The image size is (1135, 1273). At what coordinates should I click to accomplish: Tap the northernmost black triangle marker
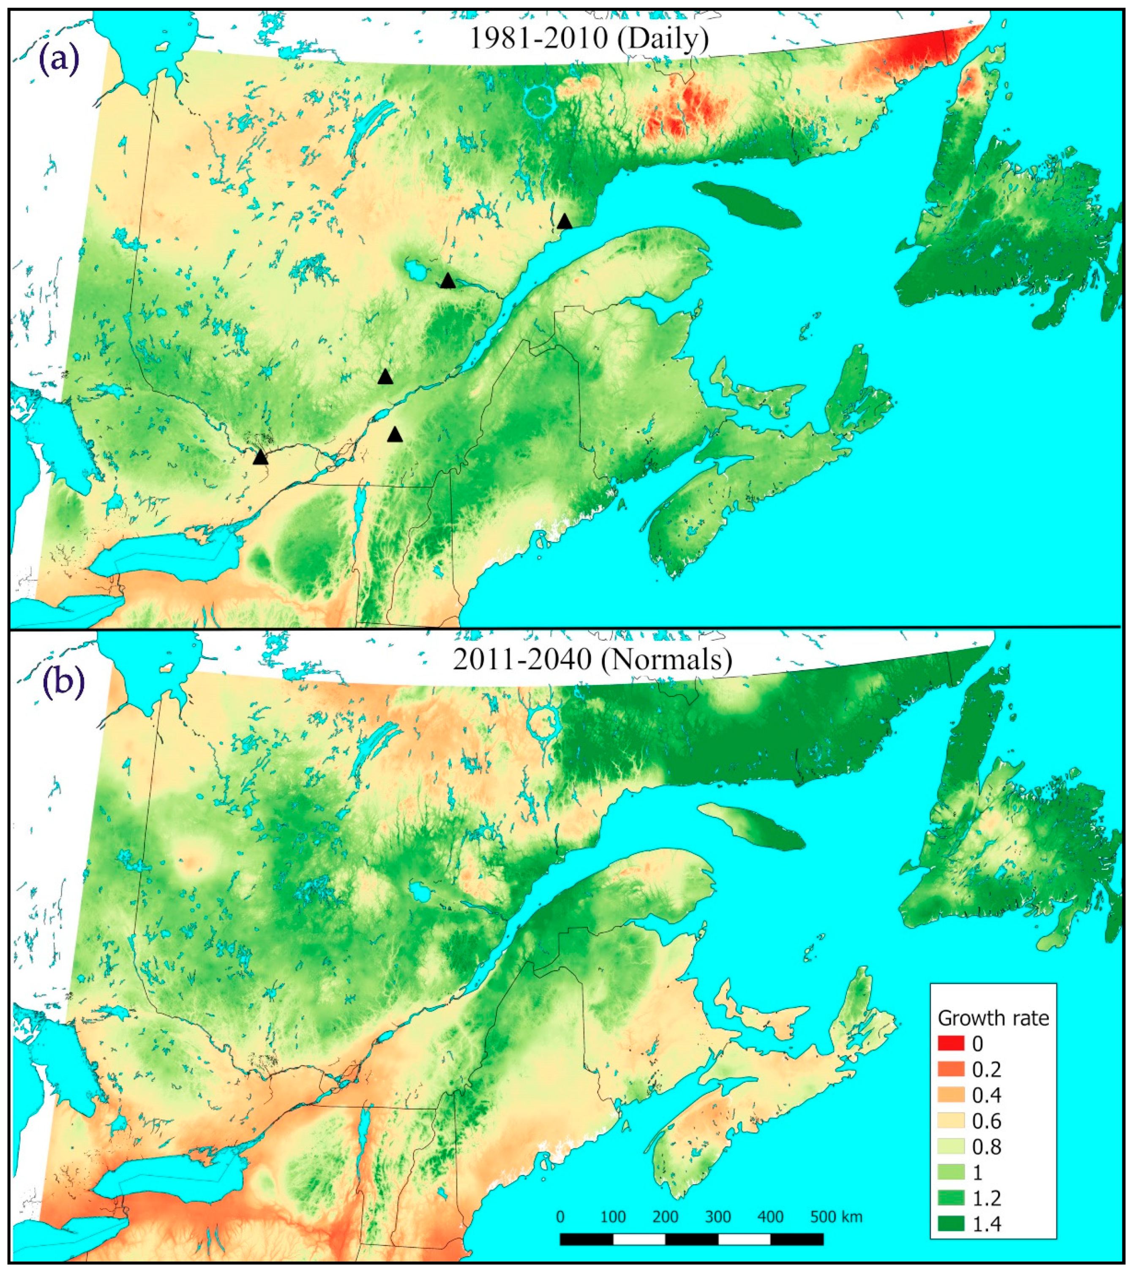coord(565,221)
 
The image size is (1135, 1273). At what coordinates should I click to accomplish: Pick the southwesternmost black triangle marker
coord(261,457)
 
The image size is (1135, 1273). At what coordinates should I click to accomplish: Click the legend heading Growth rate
coord(993,1018)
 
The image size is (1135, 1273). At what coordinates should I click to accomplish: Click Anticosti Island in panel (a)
coord(747,204)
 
